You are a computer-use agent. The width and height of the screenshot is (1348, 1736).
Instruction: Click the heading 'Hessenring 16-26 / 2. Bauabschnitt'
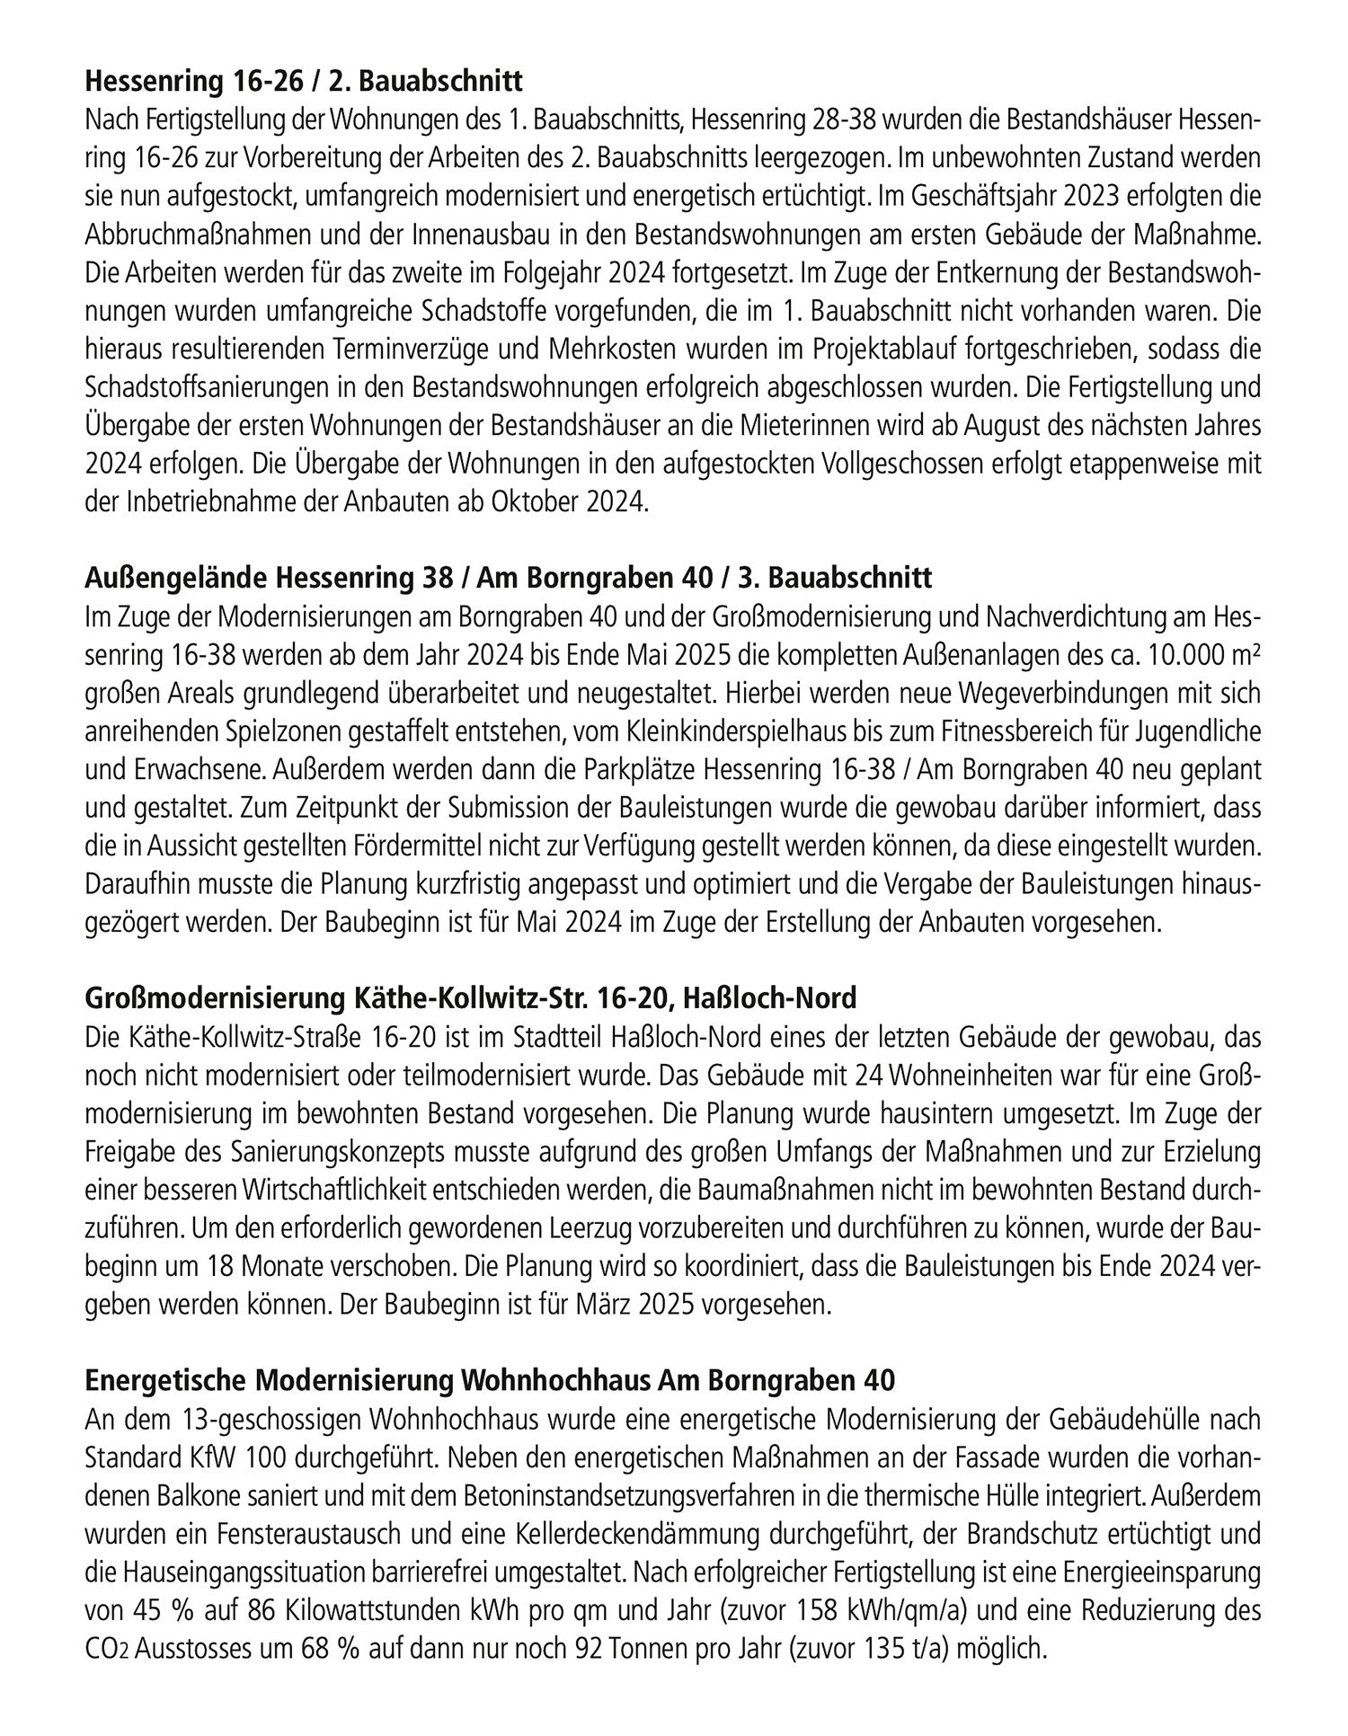click(304, 83)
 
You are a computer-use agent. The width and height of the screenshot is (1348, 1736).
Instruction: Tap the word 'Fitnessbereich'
click(1032, 732)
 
